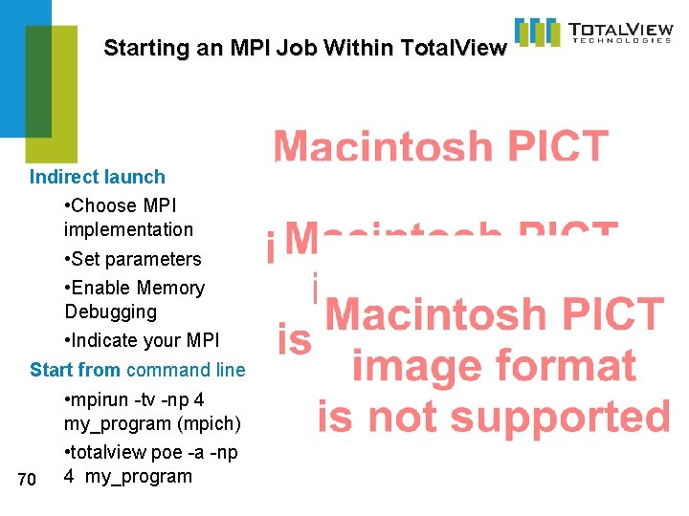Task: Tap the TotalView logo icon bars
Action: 537,32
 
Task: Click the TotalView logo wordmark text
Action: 619,30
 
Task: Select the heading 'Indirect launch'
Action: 97,177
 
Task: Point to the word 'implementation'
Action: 128,229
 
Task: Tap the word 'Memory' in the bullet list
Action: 170,288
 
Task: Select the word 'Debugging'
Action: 110,312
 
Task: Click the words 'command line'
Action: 186,370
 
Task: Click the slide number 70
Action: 27,478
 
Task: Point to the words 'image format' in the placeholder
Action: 493,365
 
